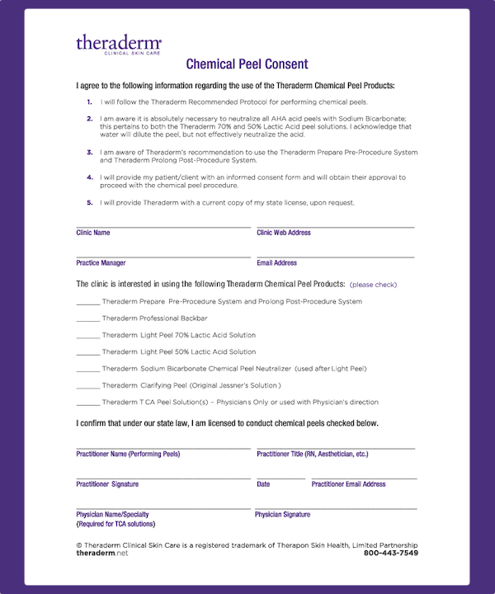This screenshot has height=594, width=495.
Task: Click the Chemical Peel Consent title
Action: tap(247, 64)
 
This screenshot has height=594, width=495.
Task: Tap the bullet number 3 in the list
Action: tap(89, 152)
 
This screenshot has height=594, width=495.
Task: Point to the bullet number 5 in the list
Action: tap(89, 203)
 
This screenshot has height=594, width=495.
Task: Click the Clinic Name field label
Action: tap(92, 233)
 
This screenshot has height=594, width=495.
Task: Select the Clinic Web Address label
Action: tap(284, 233)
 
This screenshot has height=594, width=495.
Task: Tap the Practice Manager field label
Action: tap(101, 263)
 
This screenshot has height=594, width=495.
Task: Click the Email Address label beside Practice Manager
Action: tap(276, 263)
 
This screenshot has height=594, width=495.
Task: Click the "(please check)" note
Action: tap(373, 285)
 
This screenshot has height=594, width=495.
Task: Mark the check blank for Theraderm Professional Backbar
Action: tap(87, 318)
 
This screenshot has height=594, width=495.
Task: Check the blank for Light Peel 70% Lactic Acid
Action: tap(87, 336)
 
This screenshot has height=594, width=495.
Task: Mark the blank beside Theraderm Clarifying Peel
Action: tap(87, 386)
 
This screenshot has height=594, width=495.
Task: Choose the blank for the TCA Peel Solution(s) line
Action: tap(87, 403)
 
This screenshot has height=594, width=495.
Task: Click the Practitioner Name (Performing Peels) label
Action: tap(128, 454)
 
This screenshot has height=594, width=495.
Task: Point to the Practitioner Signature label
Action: tap(107, 484)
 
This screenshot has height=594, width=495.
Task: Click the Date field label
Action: tap(263, 484)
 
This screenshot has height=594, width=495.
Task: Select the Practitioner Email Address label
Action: tap(348, 484)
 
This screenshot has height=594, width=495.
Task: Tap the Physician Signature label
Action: tap(282, 515)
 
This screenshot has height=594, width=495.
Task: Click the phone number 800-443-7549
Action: tap(390, 553)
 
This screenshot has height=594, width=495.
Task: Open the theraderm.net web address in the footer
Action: tap(102, 553)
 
